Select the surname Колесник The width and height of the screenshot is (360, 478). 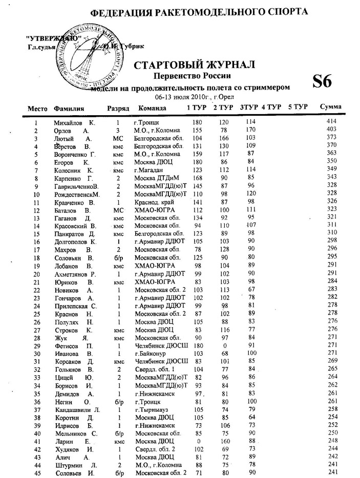point(68,170)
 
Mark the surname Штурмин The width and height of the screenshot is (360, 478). point(68,465)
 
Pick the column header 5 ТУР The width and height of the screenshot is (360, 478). point(297,107)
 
